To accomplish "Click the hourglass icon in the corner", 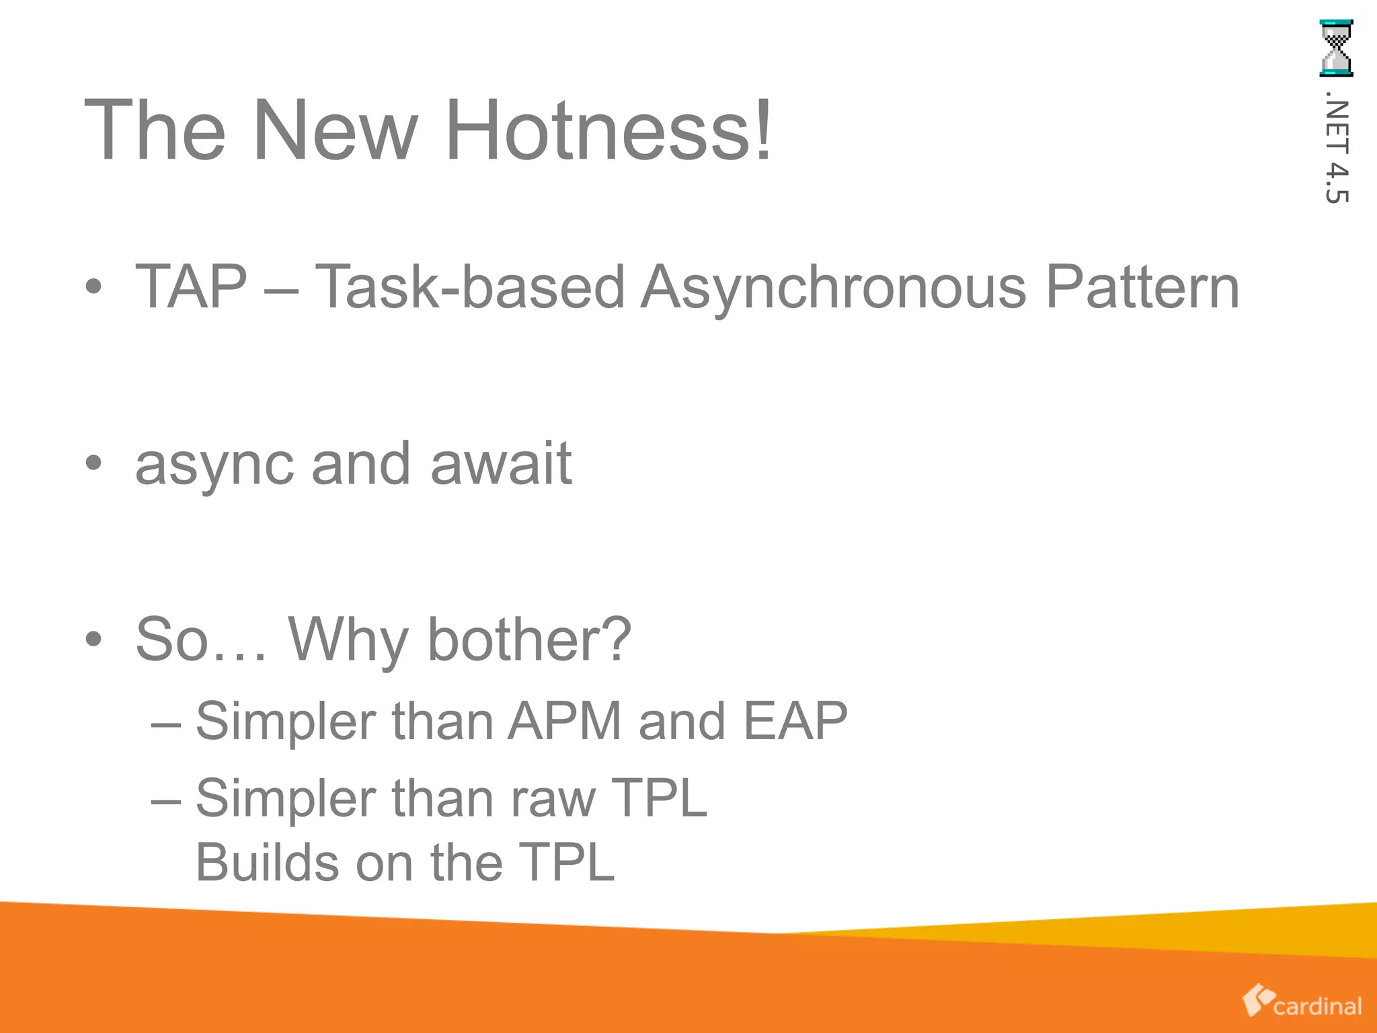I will (1336, 48).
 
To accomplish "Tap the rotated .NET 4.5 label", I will (1337, 152).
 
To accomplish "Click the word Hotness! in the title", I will (608, 129).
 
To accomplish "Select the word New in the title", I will (335, 129).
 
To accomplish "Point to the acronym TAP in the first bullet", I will (192, 286).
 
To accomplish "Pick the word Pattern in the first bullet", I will (1142, 286).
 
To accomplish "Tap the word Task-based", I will (470, 286).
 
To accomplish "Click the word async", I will (214, 464).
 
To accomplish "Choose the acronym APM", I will (564, 721).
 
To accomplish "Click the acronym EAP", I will (795, 721).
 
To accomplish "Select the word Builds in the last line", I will (267, 862).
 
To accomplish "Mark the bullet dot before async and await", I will (93, 463).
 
